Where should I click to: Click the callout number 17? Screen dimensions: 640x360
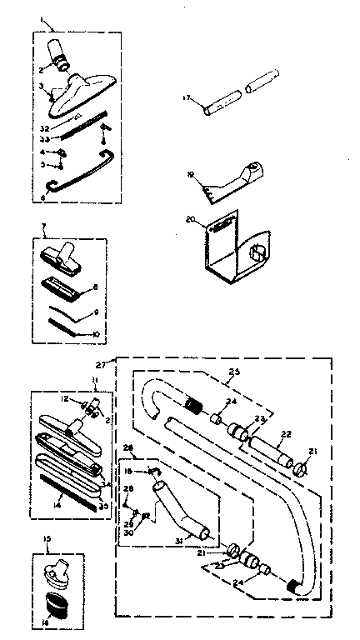coord(187,97)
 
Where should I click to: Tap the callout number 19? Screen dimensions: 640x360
coord(191,175)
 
